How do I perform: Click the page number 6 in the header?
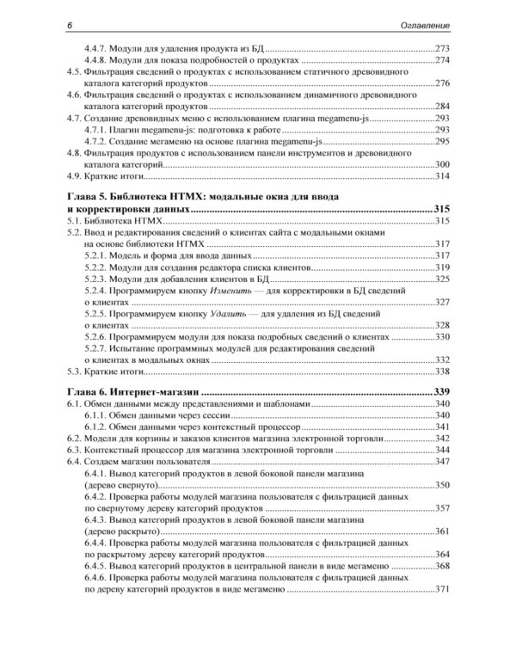click(71, 27)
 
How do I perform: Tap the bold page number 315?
click(442, 210)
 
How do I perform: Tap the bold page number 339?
click(442, 392)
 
